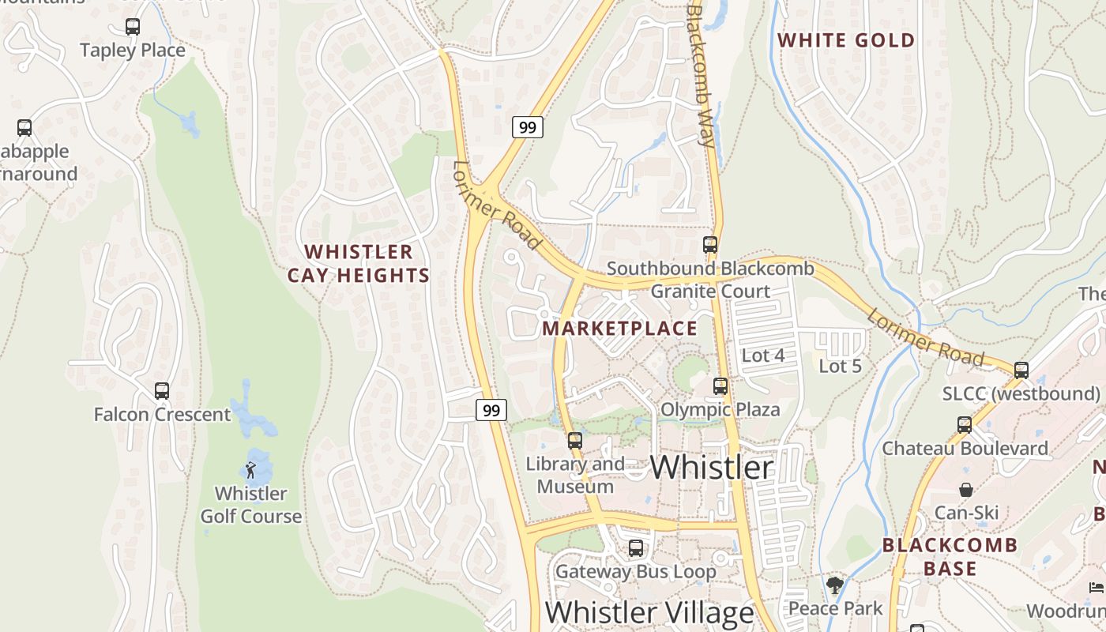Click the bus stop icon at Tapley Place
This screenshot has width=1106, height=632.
(x=133, y=27)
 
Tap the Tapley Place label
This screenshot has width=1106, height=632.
(x=133, y=51)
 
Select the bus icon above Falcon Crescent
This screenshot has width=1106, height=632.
(x=162, y=390)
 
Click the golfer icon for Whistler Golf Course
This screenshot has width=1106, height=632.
(x=251, y=470)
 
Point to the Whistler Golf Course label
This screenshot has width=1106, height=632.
(x=251, y=505)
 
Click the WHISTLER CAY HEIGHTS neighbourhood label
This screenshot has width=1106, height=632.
(x=359, y=264)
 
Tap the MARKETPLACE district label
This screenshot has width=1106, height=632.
(x=620, y=329)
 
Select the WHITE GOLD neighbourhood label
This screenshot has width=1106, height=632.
(x=846, y=40)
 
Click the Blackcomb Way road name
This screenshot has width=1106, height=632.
(x=701, y=77)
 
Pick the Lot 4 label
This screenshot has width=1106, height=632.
(x=763, y=355)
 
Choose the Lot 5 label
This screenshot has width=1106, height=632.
(x=840, y=367)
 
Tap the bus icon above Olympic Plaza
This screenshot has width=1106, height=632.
(x=720, y=386)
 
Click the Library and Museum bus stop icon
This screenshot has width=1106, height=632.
(x=575, y=441)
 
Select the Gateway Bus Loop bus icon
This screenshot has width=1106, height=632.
(x=636, y=548)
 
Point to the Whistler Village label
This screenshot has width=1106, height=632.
(x=649, y=613)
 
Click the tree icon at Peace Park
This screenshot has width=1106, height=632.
(x=835, y=585)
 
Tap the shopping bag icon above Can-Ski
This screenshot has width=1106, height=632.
(x=966, y=490)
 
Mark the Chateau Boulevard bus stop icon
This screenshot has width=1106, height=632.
(x=965, y=425)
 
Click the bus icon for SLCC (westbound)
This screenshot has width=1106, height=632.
(x=1021, y=370)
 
